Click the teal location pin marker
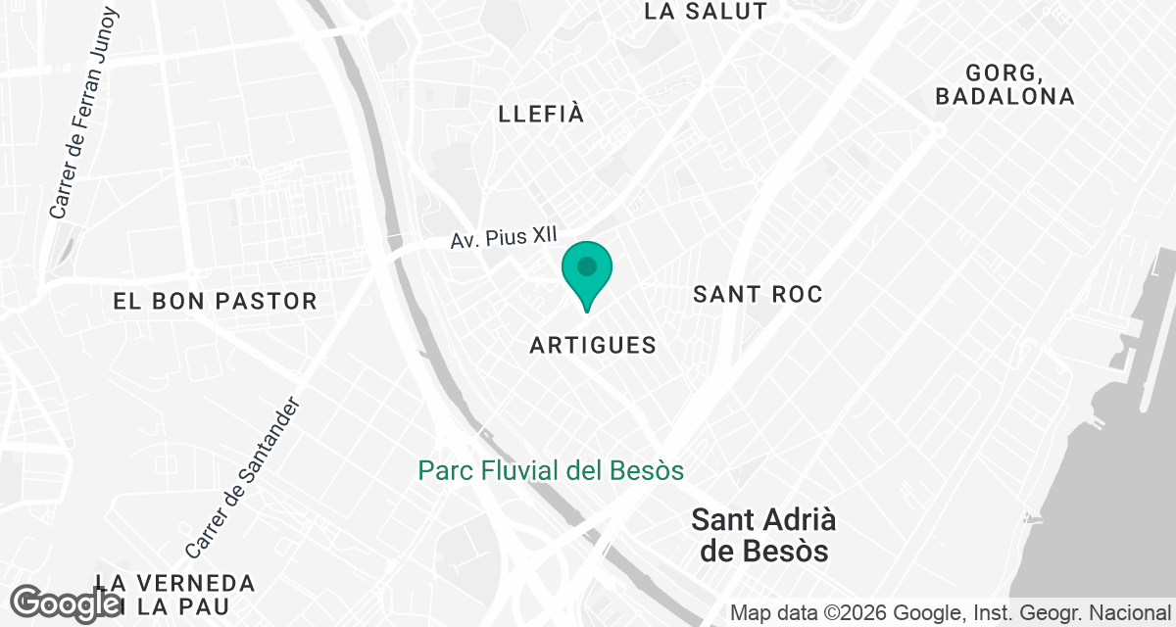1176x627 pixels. pos(587,273)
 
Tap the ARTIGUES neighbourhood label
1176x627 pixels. pos(593,345)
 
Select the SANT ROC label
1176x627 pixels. pos(758,294)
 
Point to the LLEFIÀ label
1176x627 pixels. pos(541,114)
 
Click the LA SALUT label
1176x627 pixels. pos(706,12)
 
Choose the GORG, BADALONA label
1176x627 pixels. pos(1004,85)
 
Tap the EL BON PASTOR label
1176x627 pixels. pos(216,301)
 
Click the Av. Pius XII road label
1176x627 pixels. pos(504,238)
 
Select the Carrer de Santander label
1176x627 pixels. pos(240,478)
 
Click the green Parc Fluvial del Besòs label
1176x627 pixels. pos(551,471)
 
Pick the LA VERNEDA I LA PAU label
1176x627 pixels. pos(176,595)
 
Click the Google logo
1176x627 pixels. pos(67,603)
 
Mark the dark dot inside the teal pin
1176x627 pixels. pos(587,265)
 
